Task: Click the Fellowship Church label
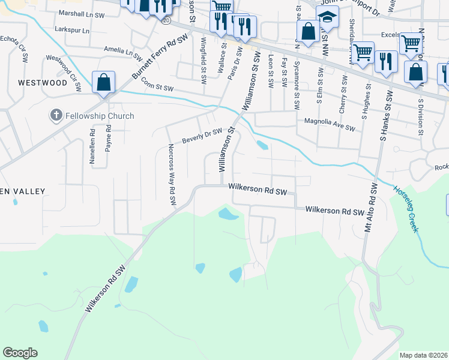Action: (100, 116)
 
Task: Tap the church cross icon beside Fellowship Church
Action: (56, 115)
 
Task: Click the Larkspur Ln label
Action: (71, 30)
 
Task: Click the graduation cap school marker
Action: (327, 18)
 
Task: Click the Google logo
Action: (20, 353)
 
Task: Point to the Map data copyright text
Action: (423, 355)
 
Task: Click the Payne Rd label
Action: (108, 137)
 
